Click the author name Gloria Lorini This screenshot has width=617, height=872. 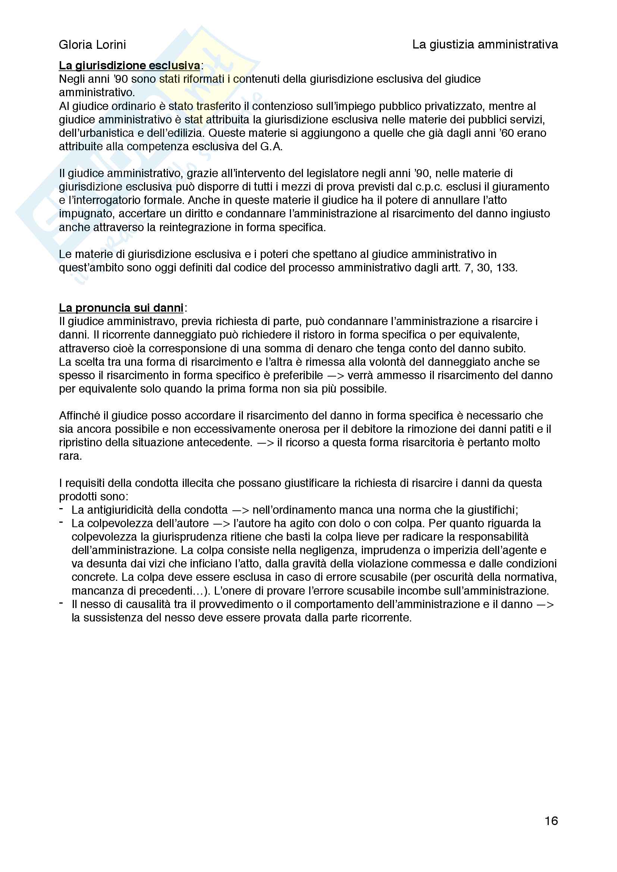tap(92, 45)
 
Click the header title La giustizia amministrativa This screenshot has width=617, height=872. tap(485, 45)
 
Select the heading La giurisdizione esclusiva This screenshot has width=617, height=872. tap(129, 66)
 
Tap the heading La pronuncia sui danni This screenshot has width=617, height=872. tap(121, 308)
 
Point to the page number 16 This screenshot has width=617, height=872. tap(551, 821)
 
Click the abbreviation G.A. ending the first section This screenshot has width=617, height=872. tap(271, 147)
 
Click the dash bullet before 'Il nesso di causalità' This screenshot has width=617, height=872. tap(61, 603)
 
